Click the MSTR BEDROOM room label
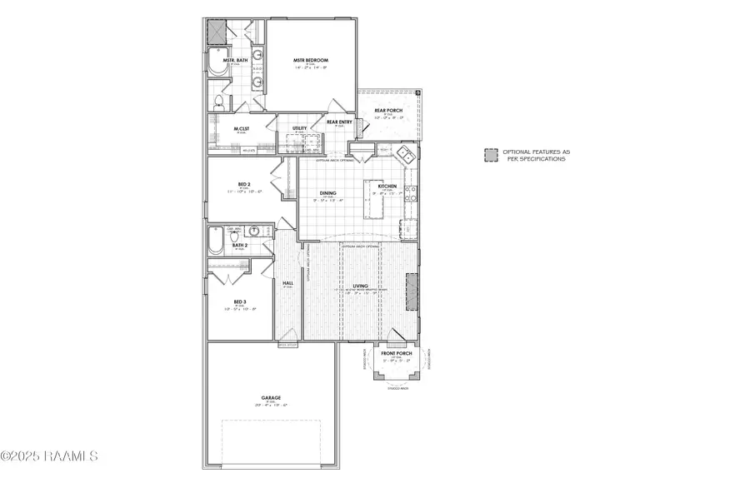pos(311,61)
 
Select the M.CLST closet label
pos(242,128)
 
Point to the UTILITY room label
pos(300,128)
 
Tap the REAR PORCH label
pos(388,111)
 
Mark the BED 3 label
pos(239,301)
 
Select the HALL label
pos(287,283)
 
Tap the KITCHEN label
pos(387,186)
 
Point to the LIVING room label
pos(360,286)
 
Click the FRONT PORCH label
pos(397,353)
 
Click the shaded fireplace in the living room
pos(411,292)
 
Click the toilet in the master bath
pos(218,102)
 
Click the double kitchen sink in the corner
pos(406,153)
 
